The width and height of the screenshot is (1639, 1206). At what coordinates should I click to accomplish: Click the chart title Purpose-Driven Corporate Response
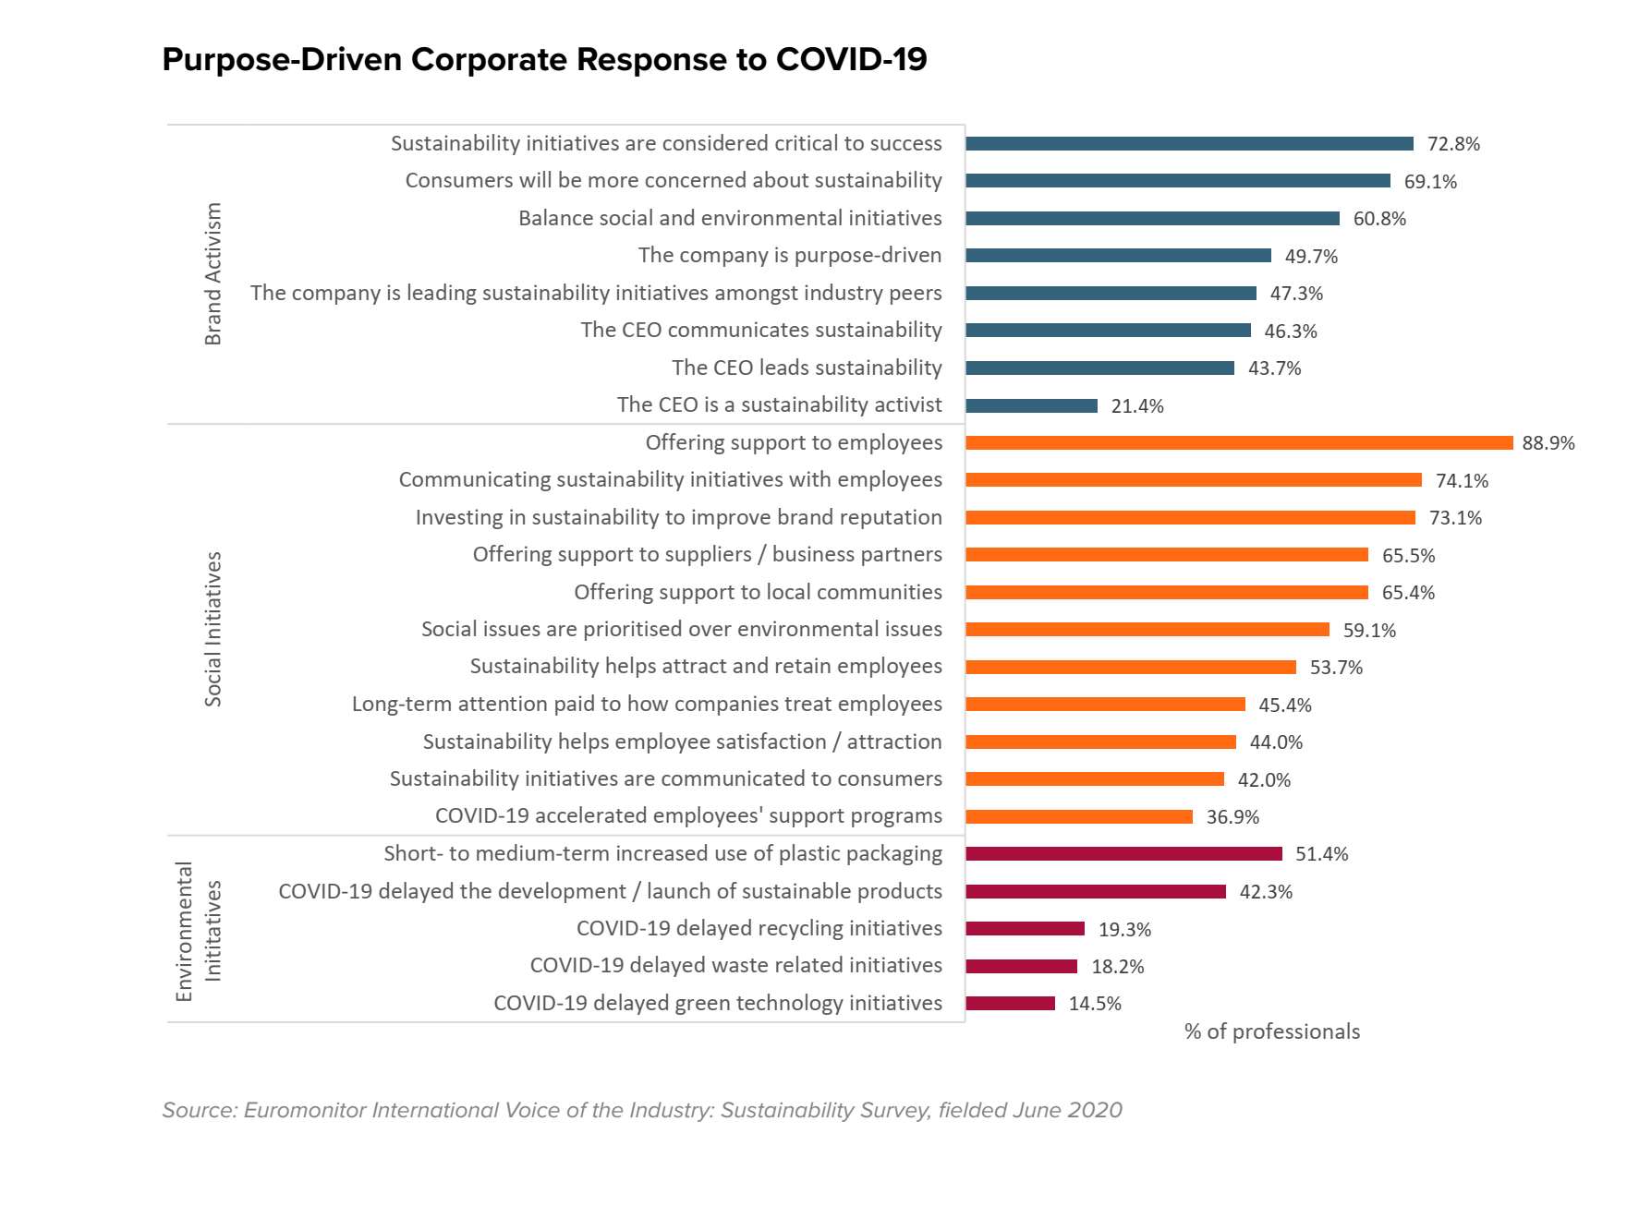point(544,60)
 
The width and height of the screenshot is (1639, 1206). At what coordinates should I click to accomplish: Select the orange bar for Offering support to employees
point(1238,443)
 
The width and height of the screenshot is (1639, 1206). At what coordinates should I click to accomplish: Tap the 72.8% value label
point(1453,144)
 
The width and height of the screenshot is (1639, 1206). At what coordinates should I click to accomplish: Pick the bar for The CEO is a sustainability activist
point(1031,405)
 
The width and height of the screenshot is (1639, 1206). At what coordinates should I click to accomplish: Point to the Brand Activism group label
point(213,274)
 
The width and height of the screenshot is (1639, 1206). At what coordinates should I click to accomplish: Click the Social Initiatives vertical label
point(213,629)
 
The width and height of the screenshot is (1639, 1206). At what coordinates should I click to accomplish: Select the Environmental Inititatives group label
point(198,930)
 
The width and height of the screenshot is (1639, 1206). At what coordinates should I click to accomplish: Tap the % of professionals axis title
point(1271,1031)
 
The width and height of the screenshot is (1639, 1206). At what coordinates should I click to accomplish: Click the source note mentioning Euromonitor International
point(642,1110)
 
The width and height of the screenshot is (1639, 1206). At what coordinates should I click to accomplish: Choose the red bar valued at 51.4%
point(1123,854)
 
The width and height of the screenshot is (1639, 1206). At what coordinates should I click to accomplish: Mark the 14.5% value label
point(1095,1004)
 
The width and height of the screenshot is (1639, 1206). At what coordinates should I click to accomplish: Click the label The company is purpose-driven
point(790,256)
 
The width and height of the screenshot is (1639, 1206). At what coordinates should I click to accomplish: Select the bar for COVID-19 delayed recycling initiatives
point(1025,929)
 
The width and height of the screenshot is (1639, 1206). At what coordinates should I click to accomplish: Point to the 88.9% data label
point(1548,443)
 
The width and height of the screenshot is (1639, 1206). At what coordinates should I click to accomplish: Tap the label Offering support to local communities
point(758,592)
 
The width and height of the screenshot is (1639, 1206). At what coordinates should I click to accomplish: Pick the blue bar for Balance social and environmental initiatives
point(1152,219)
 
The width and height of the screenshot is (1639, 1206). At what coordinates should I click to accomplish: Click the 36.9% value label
point(1232,817)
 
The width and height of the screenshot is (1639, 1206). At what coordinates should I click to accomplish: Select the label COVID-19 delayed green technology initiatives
point(718,1003)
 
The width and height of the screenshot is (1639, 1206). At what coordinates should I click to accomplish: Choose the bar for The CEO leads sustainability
point(1099,368)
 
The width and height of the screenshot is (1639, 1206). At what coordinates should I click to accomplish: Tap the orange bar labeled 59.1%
point(1147,630)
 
